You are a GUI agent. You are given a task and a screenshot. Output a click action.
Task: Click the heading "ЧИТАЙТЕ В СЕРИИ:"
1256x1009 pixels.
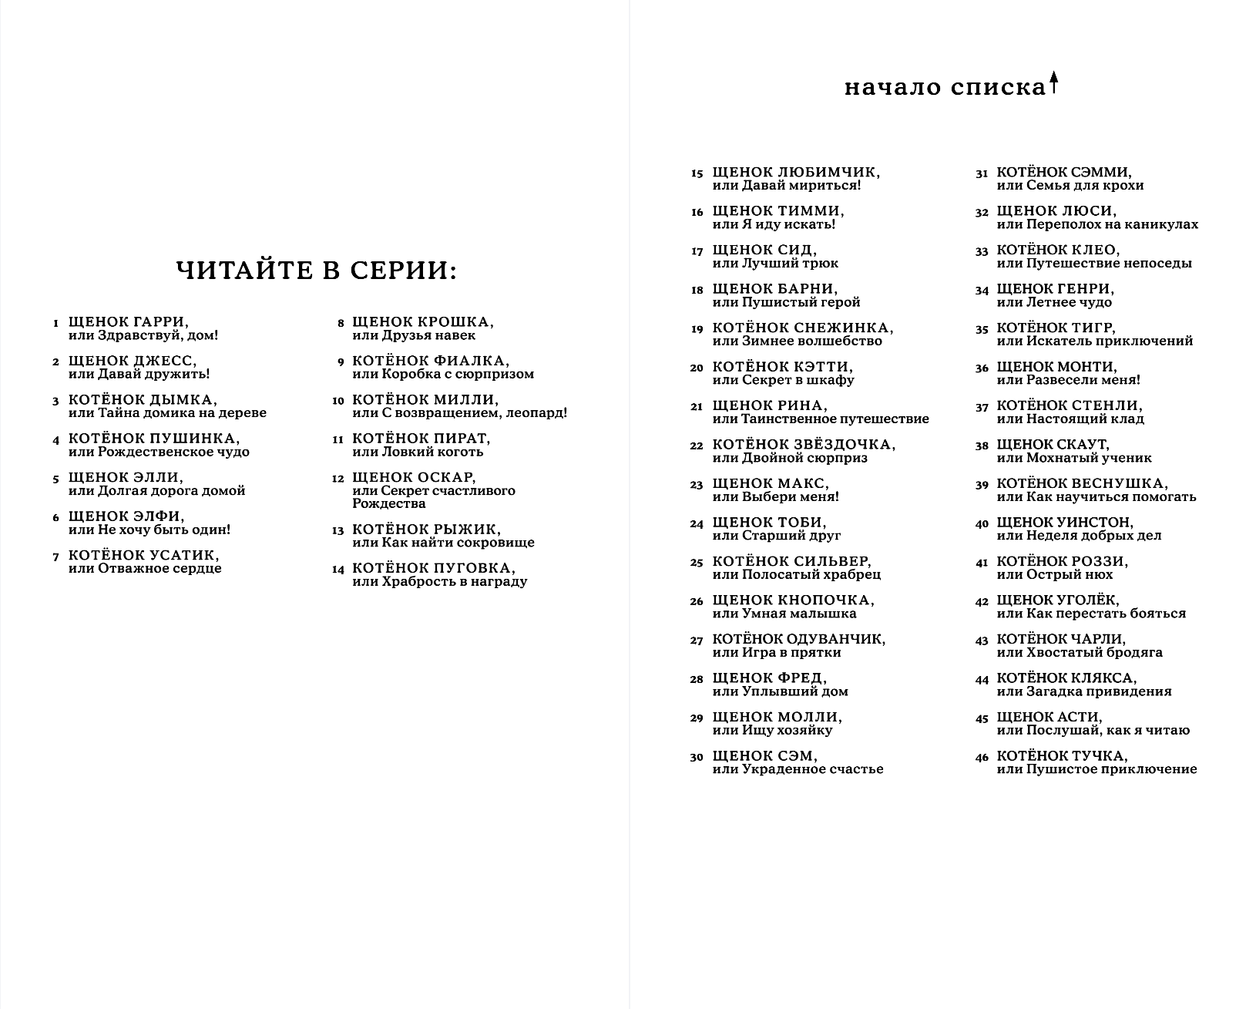pyautogui.click(x=316, y=271)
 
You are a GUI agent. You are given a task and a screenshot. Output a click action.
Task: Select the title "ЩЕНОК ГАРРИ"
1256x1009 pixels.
pyautogui.click(x=128, y=322)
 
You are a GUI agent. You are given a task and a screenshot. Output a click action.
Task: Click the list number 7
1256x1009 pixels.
pyautogui.click(x=55, y=557)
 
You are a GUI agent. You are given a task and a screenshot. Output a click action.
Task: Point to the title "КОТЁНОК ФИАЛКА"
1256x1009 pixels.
pyautogui.click(x=430, y=361)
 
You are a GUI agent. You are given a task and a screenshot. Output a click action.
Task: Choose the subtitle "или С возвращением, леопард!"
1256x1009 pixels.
pyautogui.click(x=459, y=412)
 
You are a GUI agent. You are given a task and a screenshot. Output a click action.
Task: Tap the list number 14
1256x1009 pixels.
pyautogui.click(x=338, y=570)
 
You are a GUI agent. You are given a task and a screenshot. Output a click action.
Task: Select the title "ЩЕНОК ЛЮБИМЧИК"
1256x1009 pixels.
pyautogui.click(x=796, y=173)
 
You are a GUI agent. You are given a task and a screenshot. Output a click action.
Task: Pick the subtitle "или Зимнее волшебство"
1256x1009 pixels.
pyautogui.click(x=797, y=341)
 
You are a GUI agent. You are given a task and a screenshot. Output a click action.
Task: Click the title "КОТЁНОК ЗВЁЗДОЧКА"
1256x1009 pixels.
pyautogui.click(x=804, y=445)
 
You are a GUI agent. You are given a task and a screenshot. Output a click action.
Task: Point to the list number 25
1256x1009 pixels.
pyautogui.click(x=697, y=563)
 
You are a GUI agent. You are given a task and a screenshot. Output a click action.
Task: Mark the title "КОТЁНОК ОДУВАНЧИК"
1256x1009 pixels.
pyautogui.click(x=798, y=639)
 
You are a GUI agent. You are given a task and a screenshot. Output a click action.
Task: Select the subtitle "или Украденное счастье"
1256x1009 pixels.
pyautogui.click(x=798, y=769)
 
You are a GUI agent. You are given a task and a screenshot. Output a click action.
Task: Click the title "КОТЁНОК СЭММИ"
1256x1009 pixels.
pyautogui.click(x=1064, y=173)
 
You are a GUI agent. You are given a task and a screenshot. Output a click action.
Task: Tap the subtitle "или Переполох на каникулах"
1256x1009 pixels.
pyautogui.click(x=1097, y=224)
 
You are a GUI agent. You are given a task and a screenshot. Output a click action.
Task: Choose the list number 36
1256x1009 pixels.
pyautogui.click(x=981, y=368)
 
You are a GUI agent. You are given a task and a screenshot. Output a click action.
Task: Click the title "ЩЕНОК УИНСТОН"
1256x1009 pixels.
pyautogui.click(x=1065, y=523)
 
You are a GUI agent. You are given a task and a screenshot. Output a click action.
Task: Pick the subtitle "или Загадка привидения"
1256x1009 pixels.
pyautogui.click(x=1083, y=691)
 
